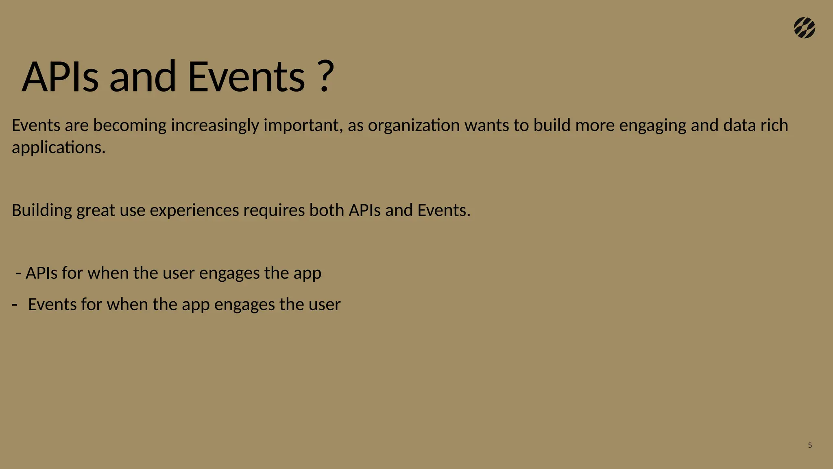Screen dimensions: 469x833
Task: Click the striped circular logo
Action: click(804, 28)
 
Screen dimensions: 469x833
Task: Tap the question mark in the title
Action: click(324, 76)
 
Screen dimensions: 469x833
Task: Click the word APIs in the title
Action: click(60, 76)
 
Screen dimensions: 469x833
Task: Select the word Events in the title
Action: click(246, 76)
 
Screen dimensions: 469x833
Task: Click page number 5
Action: click(809, 445)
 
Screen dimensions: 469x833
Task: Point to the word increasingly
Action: click(215, 125)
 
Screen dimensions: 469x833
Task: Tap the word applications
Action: click(58, 147)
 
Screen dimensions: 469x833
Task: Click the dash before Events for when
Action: click(15, 305)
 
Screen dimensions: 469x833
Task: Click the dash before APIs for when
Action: click(18, 273)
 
